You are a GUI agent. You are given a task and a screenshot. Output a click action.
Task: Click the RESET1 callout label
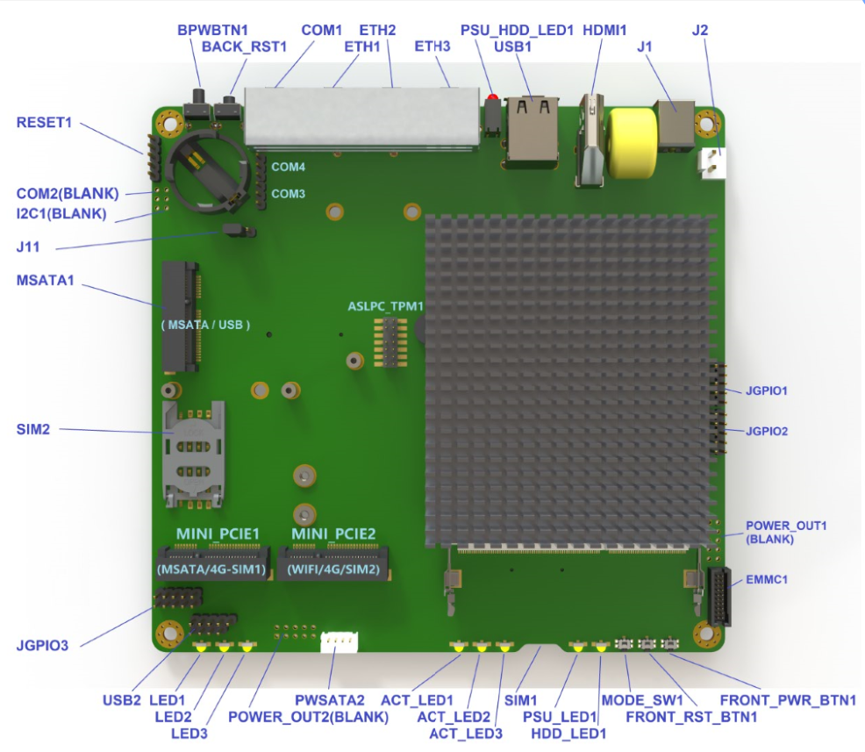click(x=44, y=122)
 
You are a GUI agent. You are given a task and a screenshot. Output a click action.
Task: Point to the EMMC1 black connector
click(x=718, y=596)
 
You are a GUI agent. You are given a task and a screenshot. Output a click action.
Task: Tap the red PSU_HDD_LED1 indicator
click(x=492, y=97)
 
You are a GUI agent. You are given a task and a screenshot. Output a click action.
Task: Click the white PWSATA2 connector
click(x=340, y=643)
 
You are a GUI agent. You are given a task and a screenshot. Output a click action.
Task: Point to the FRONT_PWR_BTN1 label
click(x=788, y=700)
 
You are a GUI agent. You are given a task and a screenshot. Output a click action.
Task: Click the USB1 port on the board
click(x=532, y=132)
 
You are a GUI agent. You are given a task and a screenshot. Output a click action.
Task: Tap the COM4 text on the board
click(x=288, y=167)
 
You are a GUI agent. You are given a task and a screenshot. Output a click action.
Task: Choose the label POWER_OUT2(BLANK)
click(x=308, y=716)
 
